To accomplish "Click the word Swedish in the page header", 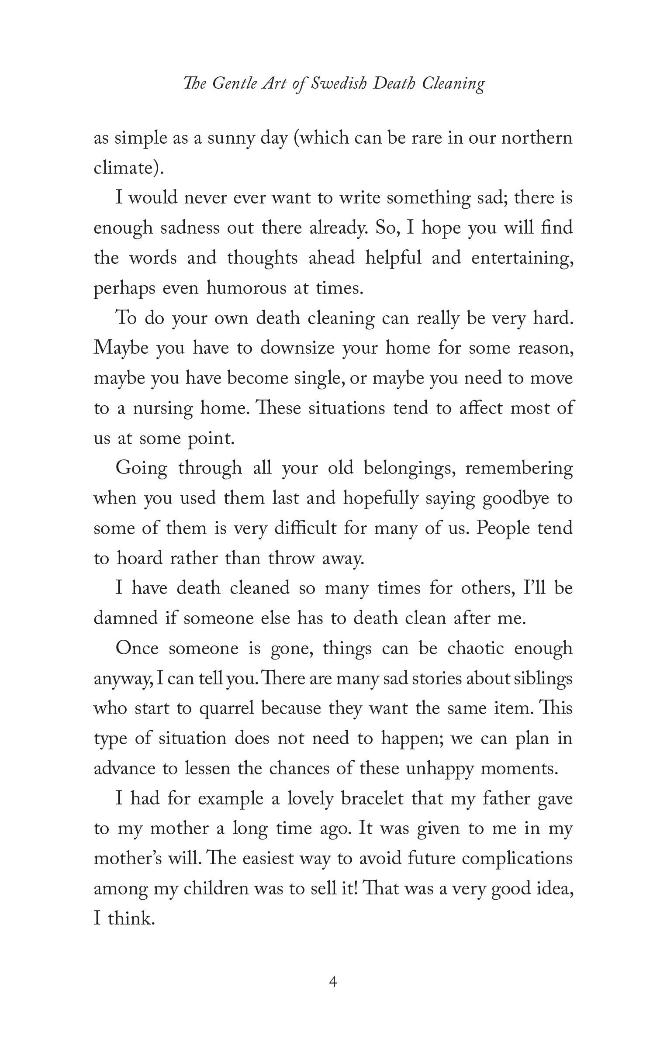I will [x=339, y=83].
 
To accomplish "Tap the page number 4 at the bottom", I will [x=334, y=981].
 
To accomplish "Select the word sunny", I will [x=229, y=138].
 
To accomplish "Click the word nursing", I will [x=162, y=409].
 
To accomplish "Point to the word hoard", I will [x=138, y=559].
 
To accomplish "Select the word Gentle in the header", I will [x=234, y=83].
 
